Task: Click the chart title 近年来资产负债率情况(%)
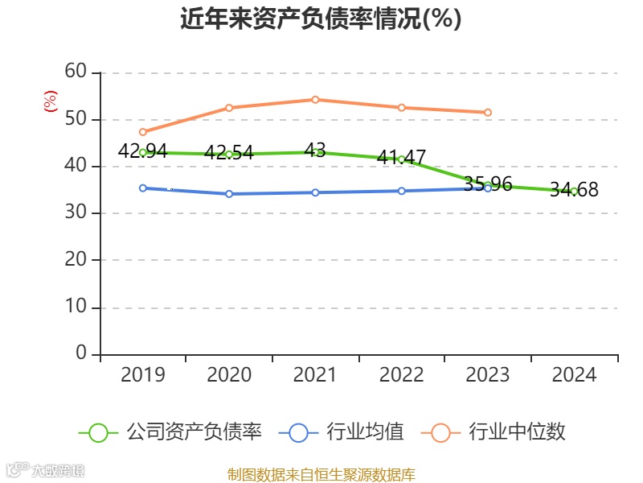pos(321,19)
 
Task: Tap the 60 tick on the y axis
pos(76,72)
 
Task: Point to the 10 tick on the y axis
pos(76,308)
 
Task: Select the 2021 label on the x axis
pos(315,375)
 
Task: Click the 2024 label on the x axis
pos(574,375)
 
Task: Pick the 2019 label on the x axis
pos(143,375)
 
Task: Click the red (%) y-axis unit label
pos(50,101)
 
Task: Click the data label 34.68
pos(574,190)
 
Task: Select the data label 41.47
pos(401,158)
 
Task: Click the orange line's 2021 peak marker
pos(315,100)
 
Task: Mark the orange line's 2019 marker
pos(143,132)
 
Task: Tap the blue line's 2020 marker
pos(229,194)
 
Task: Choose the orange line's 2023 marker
pos(488,113)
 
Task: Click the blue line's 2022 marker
pos(401,191)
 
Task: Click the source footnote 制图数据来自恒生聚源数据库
pos(321,475)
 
